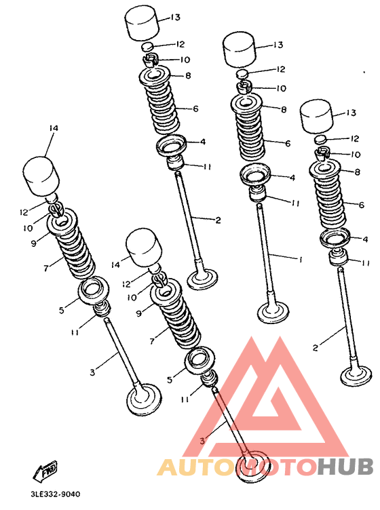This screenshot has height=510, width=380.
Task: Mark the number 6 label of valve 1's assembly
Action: [288, 144]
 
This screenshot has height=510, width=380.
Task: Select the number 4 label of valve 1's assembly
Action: [292, 178]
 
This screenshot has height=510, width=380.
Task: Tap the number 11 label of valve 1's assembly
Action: [295, 202]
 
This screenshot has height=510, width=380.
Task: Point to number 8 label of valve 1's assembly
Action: [284, 109]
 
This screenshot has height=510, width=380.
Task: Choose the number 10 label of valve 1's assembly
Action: [280, 87]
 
